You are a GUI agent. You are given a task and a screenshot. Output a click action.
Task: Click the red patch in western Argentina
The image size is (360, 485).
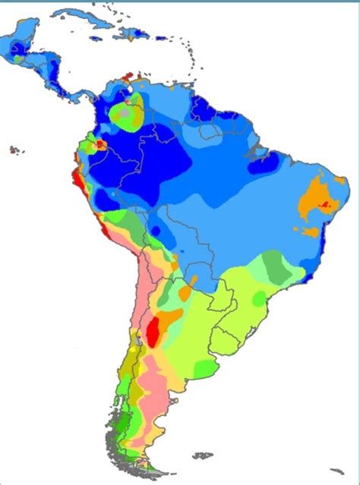(x=153, y=332)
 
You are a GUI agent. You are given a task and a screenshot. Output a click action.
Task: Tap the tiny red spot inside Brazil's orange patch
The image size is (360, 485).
(x=327, y=204)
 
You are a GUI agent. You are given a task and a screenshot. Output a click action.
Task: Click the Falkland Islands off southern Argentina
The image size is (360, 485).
(x=203, y=456)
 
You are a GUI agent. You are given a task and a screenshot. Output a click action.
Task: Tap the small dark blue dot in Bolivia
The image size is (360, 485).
(x=155, y=230)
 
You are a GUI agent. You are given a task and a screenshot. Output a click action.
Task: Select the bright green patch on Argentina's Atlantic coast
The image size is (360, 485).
(x=205, y=370)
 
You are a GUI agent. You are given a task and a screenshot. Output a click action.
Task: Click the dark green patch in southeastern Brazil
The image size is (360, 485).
(x=276, y=265)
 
